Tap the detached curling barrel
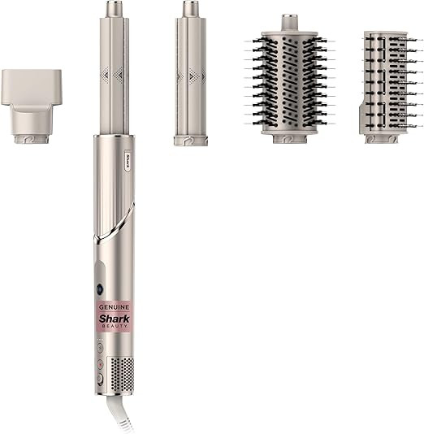point(191,81)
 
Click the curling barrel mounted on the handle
point(112,81)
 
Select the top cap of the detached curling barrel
point(191,10)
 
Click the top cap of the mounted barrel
point(112,10)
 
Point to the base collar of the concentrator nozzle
point(32,138)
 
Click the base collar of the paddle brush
point(381,138)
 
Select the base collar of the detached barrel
point(191,140)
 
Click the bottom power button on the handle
point(99,379)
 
